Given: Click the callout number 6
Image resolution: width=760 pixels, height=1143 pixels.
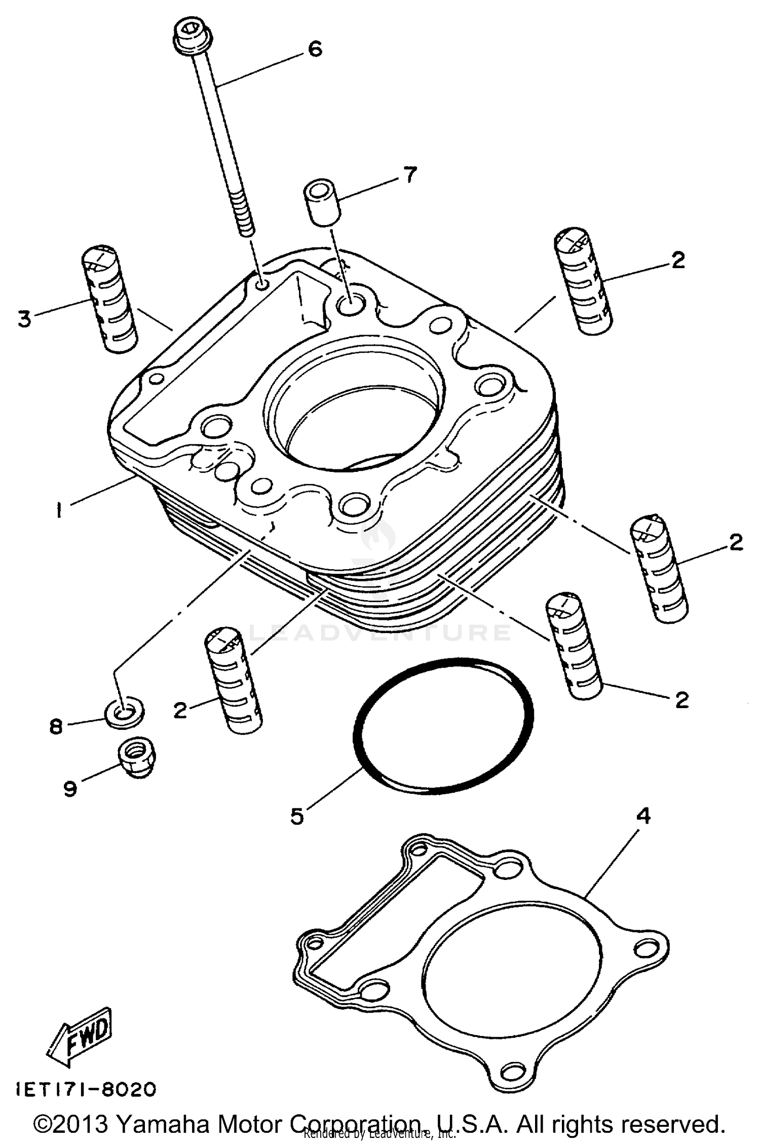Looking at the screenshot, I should coord(315,49).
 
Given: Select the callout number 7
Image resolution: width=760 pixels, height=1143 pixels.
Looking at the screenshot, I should coord(409,175).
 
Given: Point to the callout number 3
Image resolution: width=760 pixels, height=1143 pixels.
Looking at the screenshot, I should coord(24,319).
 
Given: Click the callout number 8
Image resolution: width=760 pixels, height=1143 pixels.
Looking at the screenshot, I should coord(55,726).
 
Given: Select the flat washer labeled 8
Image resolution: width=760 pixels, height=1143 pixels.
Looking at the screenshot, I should coord(124,713).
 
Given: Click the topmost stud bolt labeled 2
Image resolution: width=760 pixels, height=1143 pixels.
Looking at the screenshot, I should coord(583,281).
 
